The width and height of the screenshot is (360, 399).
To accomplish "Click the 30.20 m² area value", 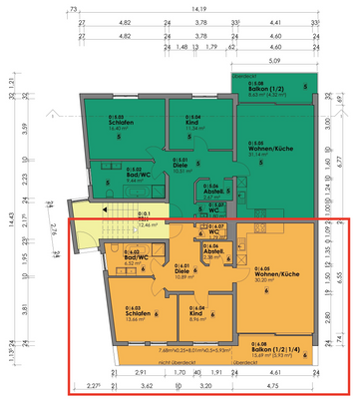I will pos(266,280).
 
